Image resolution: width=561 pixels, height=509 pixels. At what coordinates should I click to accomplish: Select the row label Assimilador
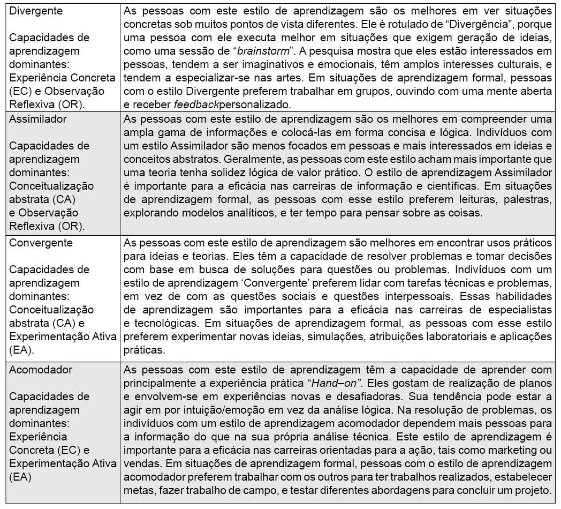tap(38, 119)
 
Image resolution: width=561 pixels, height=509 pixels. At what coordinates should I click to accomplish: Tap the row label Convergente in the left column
tap(41, 242)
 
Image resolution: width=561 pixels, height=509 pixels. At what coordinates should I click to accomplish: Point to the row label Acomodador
tap(40, 370)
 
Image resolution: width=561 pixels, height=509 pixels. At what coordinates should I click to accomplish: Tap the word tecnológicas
tap(172, 323)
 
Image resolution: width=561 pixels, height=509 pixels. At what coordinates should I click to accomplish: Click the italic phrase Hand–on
tap(333, 383)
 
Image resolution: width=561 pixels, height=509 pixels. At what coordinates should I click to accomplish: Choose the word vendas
tap(139, 463)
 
